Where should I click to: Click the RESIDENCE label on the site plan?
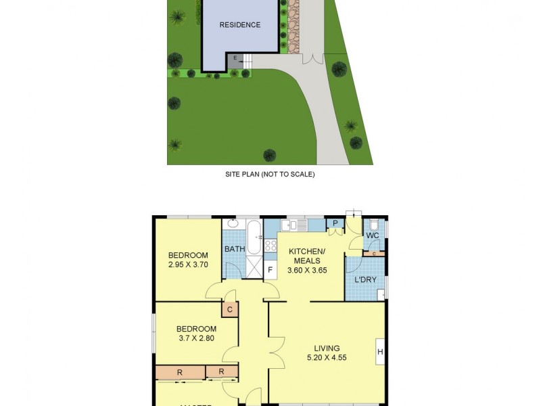point(239,25)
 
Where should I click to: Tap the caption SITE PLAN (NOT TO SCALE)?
point(270,174)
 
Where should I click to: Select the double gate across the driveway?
point(312,58)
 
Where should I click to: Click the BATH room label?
point(235,249)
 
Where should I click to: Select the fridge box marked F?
point(270,270)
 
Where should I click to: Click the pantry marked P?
point(334,224)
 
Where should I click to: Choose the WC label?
point(373,235)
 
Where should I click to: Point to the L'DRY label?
point(365,279)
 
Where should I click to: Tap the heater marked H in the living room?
point(380,351)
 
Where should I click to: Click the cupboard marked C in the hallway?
point(230,310)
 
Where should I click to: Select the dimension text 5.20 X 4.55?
point(327,358)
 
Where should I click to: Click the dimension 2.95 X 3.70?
point(188,265)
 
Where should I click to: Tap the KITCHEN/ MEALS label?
point(308,256)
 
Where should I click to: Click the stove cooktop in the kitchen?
point(270,246)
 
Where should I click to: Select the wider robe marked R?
point(180,372)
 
